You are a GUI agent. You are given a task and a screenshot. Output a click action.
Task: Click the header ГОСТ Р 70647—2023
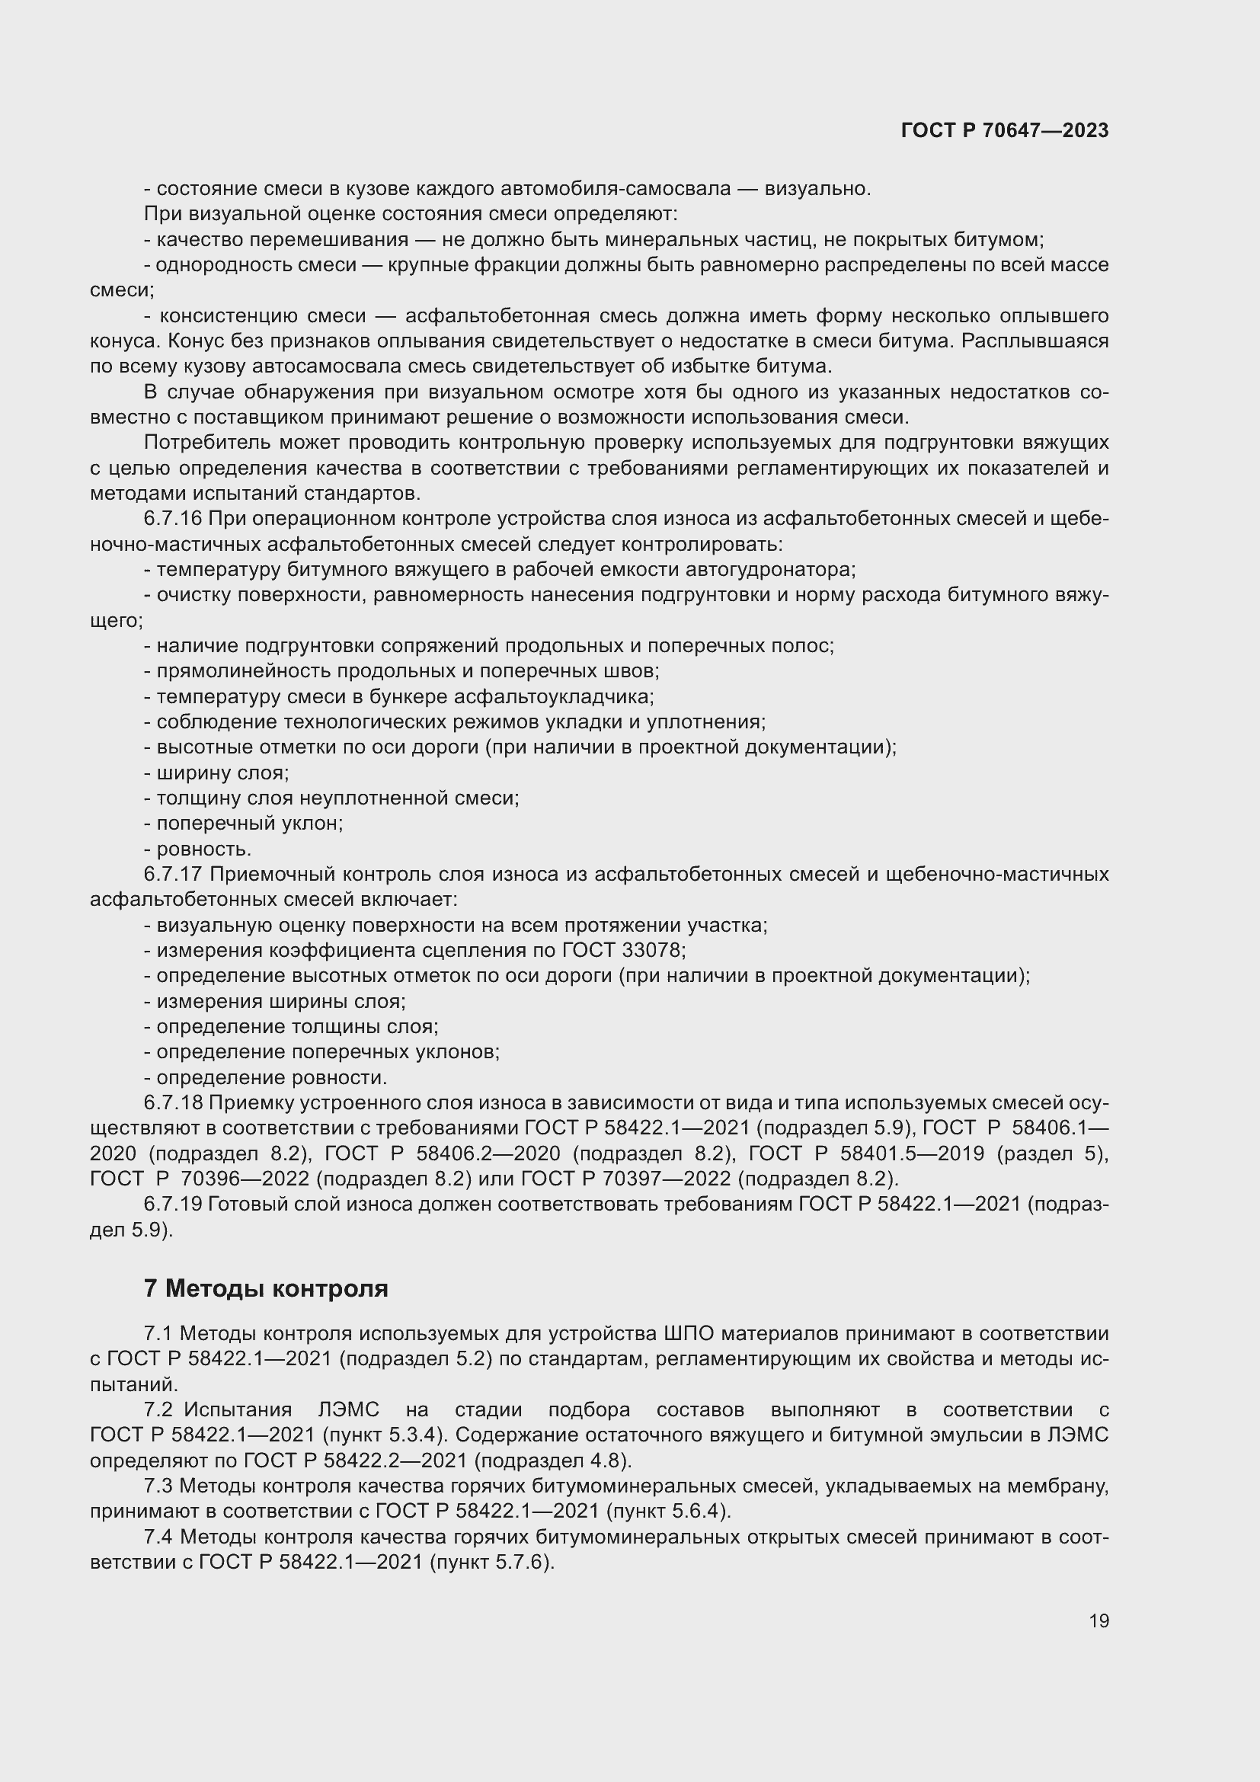1005,130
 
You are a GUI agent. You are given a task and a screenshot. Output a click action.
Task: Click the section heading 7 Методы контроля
265,1288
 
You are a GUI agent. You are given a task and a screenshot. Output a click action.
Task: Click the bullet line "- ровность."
198,849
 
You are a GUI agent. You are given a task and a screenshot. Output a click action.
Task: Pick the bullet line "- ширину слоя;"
216,773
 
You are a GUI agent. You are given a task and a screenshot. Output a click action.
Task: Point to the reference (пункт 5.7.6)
491,1562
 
